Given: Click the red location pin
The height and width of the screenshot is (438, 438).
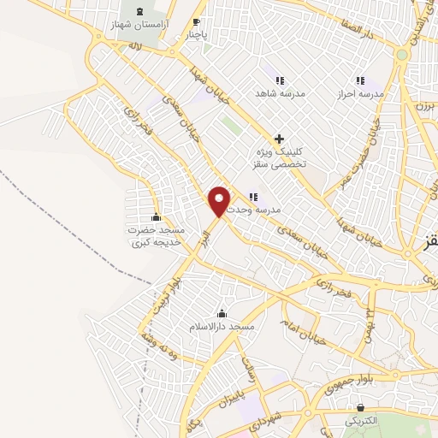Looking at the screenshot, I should click(220, 200).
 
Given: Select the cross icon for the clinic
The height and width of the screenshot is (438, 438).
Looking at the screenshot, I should click(278, 139).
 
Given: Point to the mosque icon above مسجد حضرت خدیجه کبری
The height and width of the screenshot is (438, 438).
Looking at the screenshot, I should click(156, 216).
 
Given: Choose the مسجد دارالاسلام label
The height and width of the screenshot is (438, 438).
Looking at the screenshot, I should click(222, 328).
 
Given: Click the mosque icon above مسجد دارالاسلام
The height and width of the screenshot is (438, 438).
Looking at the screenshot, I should click(222, 313).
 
